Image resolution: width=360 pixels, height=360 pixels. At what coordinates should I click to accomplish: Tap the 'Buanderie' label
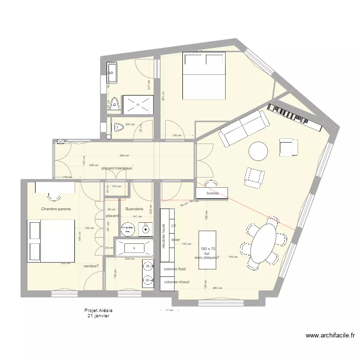coord(134,209)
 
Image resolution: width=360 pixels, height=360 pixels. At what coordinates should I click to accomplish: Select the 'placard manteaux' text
coord(117,168)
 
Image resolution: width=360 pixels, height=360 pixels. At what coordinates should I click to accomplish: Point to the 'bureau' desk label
coord(213,193)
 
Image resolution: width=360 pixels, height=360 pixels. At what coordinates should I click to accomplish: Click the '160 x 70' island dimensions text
coord(207,249)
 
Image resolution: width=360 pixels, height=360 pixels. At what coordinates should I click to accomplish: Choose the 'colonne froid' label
coord(175,269)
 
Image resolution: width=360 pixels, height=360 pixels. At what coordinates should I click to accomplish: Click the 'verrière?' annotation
coord(91,266)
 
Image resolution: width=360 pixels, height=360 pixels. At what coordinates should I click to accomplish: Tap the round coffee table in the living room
coord(258,151)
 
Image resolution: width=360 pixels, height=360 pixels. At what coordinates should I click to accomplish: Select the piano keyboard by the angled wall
coord(295,118)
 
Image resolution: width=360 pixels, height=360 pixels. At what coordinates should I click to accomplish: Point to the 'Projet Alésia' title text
coord(98,311)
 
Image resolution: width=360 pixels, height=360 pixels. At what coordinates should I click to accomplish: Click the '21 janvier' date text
coord(98,316)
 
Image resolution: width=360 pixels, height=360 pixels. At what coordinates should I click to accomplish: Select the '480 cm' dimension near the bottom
coord(217,288)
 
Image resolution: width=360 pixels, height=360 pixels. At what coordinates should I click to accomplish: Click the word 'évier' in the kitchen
coord(176,240)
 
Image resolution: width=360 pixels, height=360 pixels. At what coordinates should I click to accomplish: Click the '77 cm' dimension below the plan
coord(169,311)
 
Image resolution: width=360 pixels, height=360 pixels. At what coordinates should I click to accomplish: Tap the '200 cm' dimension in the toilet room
coord(130,124)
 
